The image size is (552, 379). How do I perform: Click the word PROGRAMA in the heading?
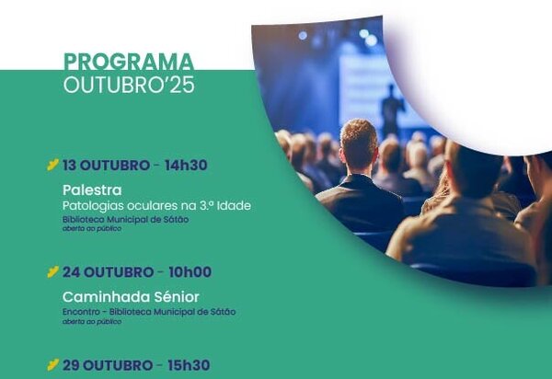tap(128, 63)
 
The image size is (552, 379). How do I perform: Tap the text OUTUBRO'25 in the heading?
tap(128, 86)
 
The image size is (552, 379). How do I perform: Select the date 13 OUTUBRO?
tap(105, 166)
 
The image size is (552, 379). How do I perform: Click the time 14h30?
tap(186, 166)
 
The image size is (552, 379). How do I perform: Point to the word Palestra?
tap(92, 190)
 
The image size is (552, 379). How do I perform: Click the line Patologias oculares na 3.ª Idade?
tap(156, 205)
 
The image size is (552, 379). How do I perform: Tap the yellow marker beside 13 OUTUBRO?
tap(52, 166)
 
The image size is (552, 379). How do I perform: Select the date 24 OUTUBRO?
tap(107, 272)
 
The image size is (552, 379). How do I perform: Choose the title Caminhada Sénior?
tap(131, 296)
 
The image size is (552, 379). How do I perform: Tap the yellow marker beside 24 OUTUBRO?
tap(52, 272)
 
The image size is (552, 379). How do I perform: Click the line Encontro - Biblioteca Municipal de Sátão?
tap(148, 312)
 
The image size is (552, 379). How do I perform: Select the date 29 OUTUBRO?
tap(107, 365)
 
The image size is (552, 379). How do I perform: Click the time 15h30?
tap(188, 365)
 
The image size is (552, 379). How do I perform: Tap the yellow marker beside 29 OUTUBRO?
tap(52, 365)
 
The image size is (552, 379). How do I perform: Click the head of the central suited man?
tap(359, 145)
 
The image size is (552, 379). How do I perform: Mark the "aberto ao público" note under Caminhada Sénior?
tap(91, 322)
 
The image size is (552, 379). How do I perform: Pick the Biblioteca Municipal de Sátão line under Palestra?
tap(125, 220)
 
